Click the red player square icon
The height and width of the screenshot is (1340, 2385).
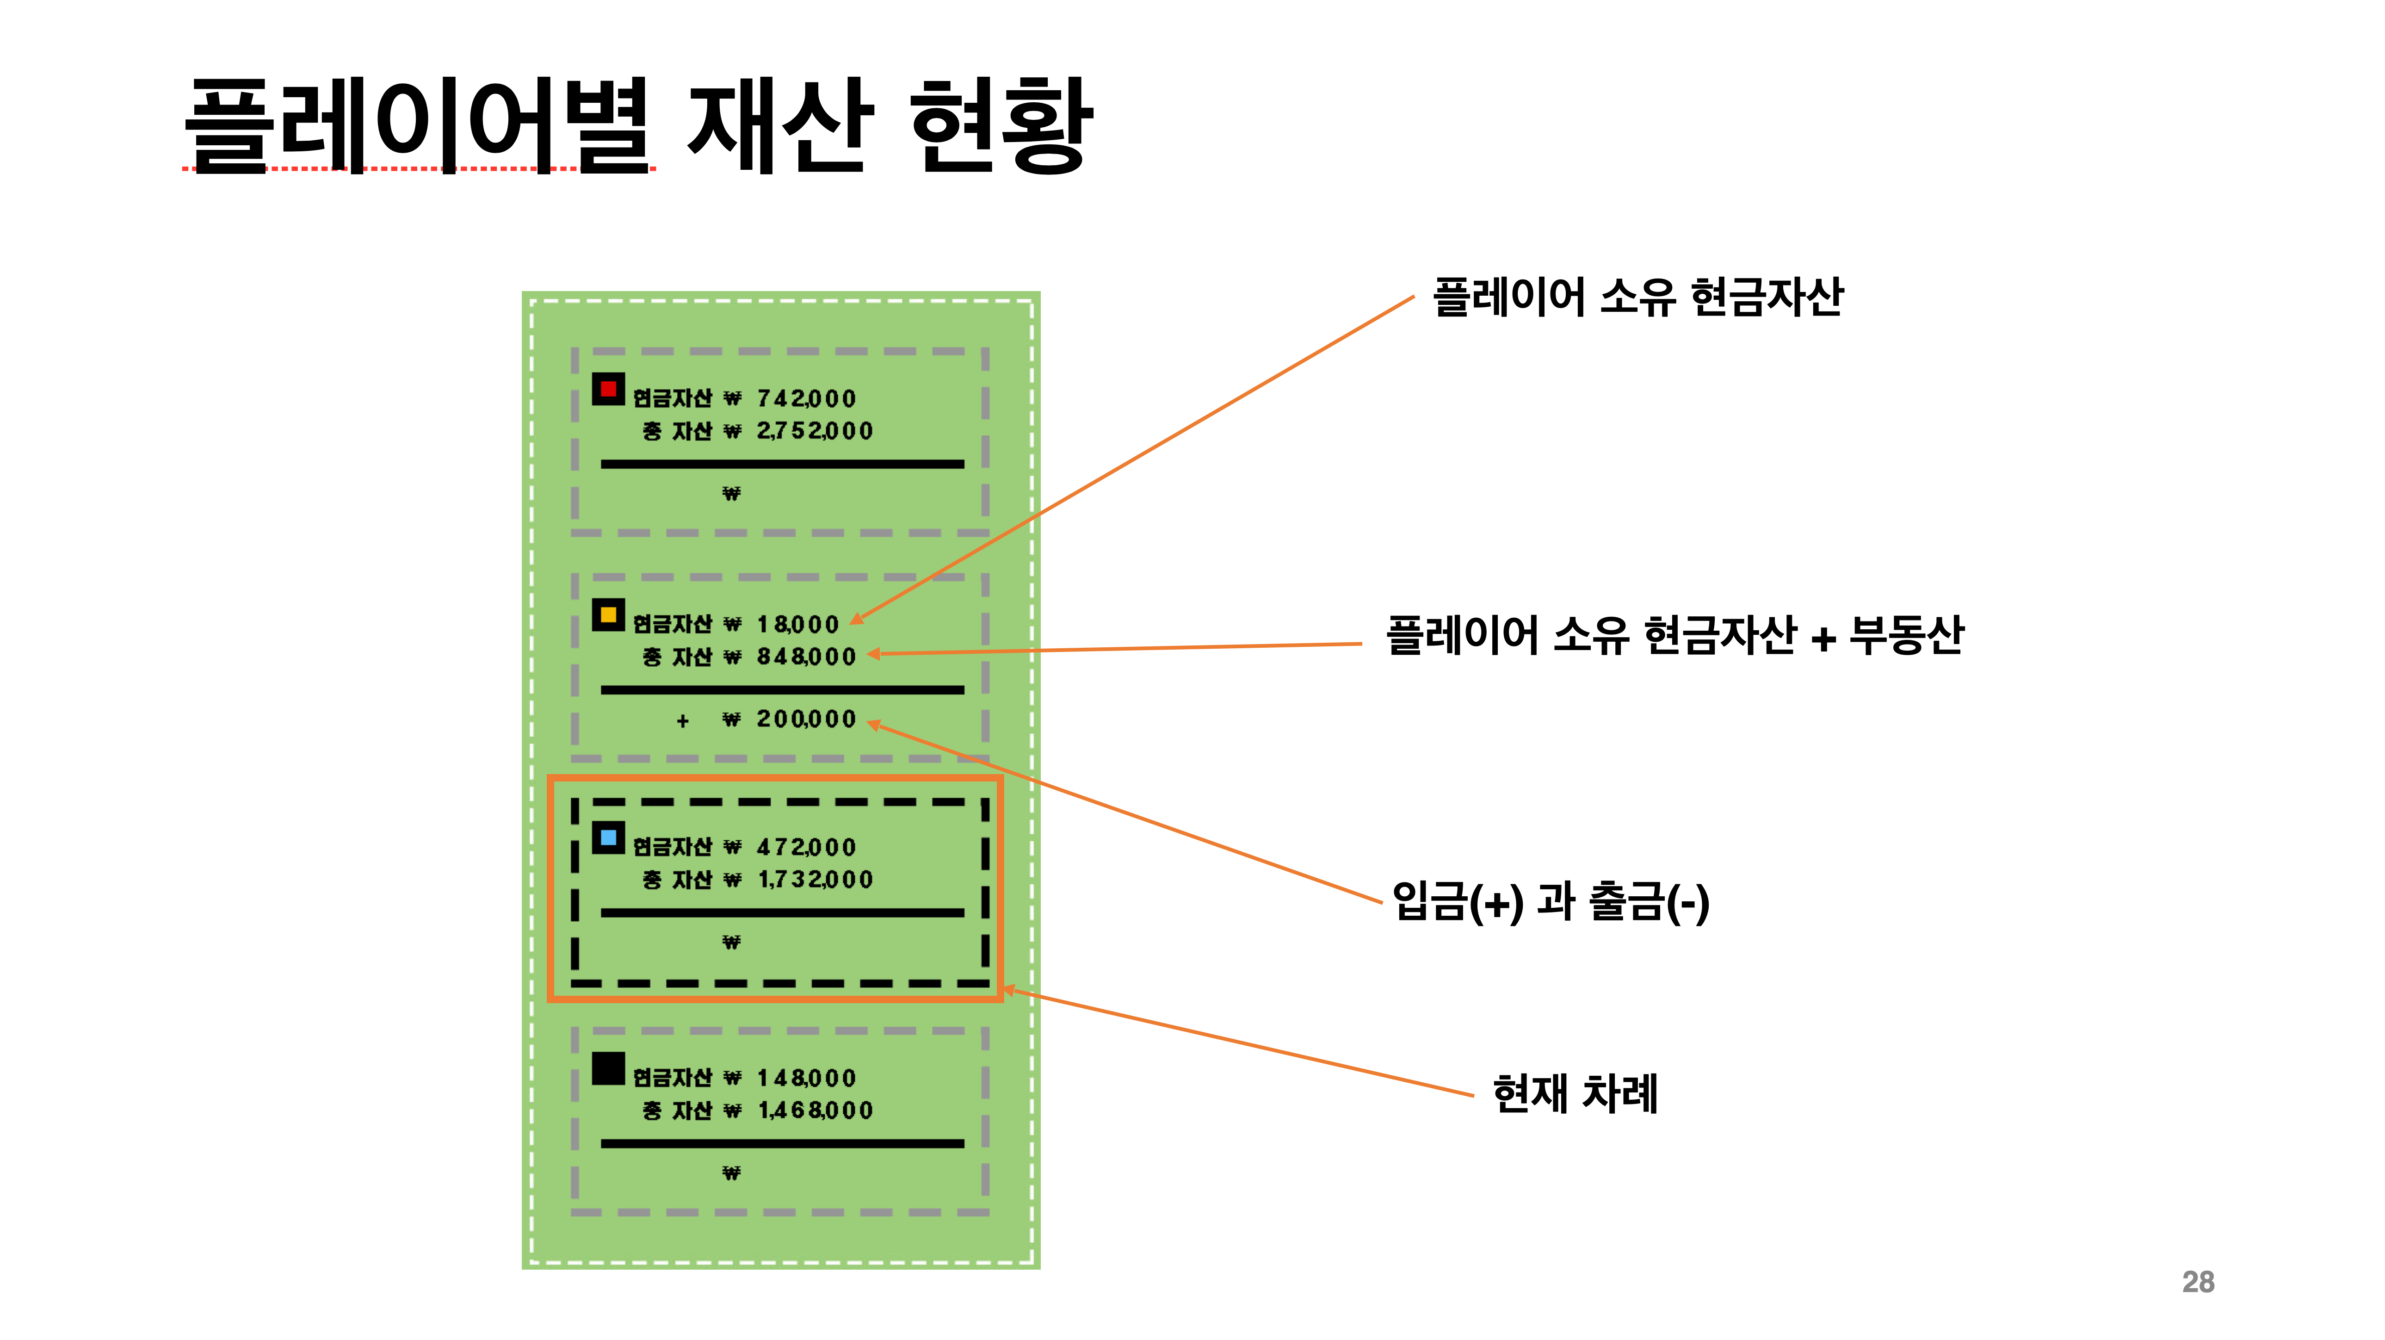pyautogui.click(x=608, y=389)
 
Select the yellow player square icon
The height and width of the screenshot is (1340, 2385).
pyautogui.click(x=608, y=615)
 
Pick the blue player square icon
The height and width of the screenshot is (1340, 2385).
pyautogui.click(x=608, y=838)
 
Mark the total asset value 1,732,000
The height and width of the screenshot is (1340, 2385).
pyautogui.click(x=815, y=879)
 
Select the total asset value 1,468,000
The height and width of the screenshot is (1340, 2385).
pyautogui.click(x=815, y=1110)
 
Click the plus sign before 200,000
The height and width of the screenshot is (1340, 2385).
pyautogui.click(x=682, y=720)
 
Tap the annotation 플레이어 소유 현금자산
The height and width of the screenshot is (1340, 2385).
pyautogui.click(x=1637, y=297)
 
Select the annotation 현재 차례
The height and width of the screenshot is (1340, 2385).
pyautogui.click(x=1574, y=1094)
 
